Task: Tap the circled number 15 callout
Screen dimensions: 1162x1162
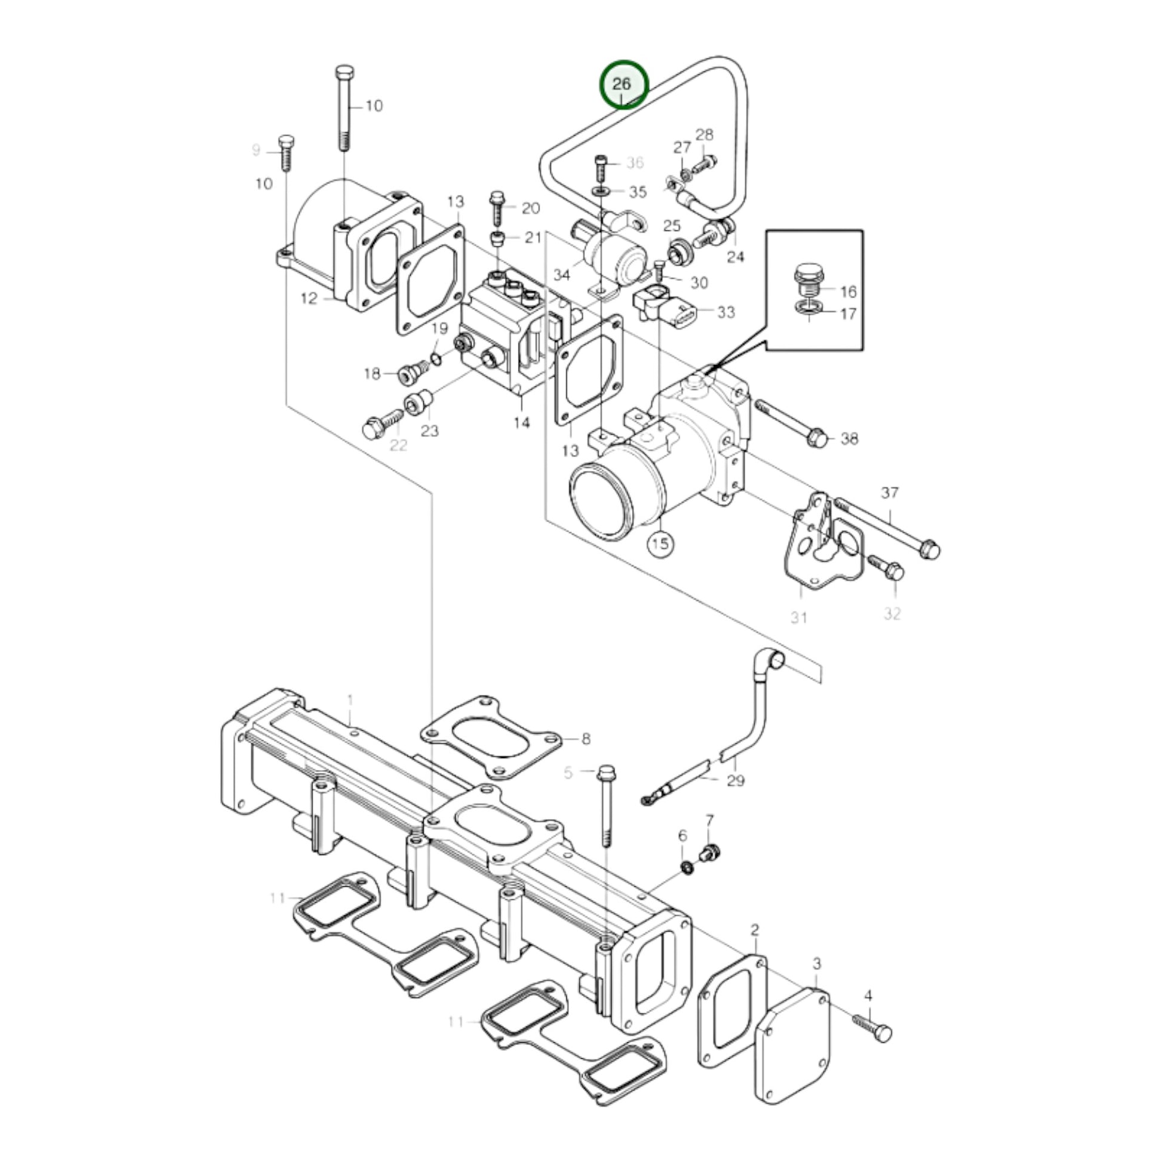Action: point(660,544)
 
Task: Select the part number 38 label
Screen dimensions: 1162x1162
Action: point(849,439)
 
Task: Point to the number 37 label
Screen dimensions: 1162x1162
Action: point(890,493)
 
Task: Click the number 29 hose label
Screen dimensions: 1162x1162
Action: point(736,780)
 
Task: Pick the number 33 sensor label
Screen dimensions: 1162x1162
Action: point(726,312)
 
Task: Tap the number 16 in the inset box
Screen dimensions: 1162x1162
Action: point(847,293)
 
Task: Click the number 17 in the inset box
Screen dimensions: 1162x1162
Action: point(847,314)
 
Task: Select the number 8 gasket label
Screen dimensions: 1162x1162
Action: point(586,739)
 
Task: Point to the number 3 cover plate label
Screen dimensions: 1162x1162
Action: point(817,964)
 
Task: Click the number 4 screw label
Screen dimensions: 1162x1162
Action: point(868,996)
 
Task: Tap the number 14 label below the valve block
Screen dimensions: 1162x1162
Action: point(521,423)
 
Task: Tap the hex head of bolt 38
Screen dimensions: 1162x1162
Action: point(818,438)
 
